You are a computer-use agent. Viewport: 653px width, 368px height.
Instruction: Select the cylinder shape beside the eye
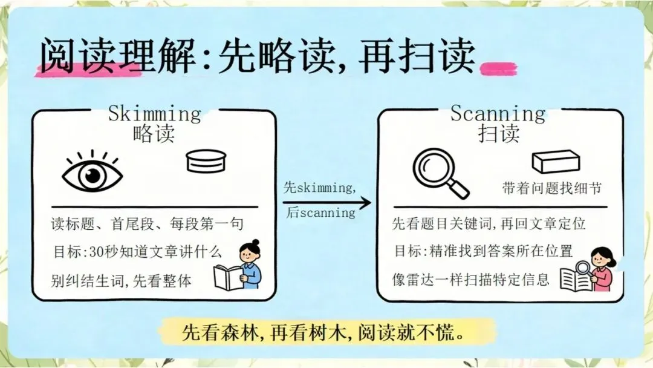[x=206, y=161]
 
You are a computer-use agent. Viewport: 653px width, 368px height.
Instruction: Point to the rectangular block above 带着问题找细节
[x=556, y=162]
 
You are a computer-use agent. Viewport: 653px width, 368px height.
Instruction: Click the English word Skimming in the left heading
[x=155, y=114]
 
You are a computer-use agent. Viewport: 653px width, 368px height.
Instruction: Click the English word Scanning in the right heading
[x=498, y=114]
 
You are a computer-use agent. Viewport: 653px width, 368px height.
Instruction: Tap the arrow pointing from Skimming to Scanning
[x=327, y=203]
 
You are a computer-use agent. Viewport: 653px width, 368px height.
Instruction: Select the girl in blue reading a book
[x=238, y=265]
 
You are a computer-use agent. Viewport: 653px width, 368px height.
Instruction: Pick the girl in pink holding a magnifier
[x=589, y=269]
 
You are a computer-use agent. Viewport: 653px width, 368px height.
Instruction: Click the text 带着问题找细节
[x=552, y=188]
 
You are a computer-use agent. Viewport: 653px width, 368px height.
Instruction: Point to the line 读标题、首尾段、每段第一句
[x=147, y=224]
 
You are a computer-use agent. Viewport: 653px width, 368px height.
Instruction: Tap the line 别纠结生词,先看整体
[x=121, y=280]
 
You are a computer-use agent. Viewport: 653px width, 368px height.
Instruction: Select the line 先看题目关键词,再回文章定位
[x=489, y=224]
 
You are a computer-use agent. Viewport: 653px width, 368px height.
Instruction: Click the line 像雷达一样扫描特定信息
[x=470, y=279]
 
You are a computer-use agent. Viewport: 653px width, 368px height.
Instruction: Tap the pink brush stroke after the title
[x=498, y=69]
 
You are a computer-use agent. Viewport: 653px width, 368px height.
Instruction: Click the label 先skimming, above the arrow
[x=320, y=188]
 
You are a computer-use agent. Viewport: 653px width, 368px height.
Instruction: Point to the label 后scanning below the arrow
[x=320, y=212]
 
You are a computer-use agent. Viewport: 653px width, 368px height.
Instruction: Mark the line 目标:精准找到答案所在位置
[x=484, y=251]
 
